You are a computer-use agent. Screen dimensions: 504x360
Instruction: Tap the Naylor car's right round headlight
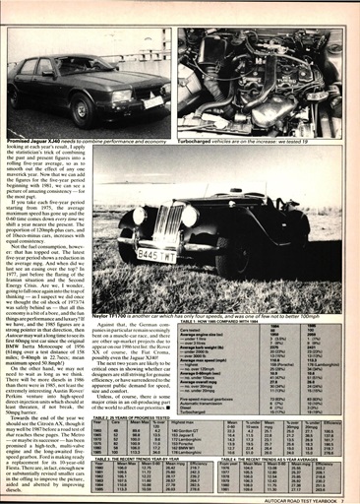(x=187, y=216)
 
